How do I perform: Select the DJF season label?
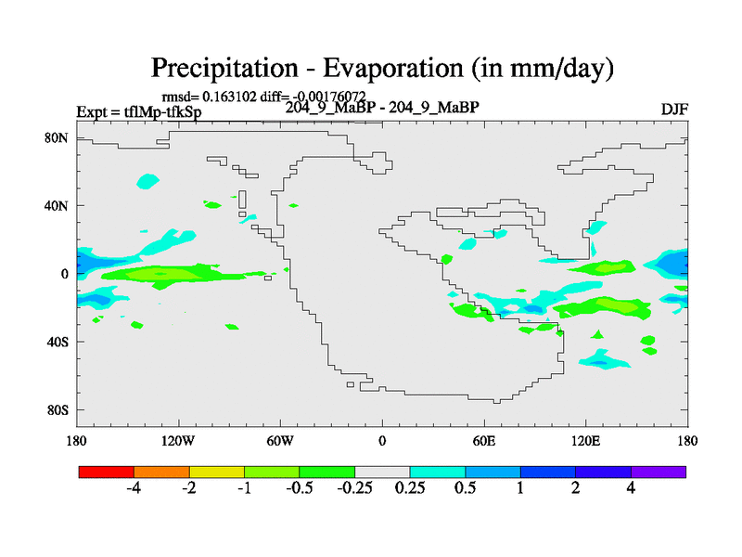[x=674, y=109]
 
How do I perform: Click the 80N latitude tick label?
[x=58, y=137]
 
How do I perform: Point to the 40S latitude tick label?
[x=58, y=342]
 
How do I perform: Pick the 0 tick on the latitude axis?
[x=66, y=274]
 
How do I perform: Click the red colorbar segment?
[x=107, y=472]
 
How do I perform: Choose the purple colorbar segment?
[x=659, y=472]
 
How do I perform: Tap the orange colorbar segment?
[x=161, y=472]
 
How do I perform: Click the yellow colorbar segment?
[x=217, y=472]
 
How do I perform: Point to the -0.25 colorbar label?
[x=354, y=489]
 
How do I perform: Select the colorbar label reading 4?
[x=631, y=489]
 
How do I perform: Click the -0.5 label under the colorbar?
[x=300, y=489]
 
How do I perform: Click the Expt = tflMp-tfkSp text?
[x=139, y=111]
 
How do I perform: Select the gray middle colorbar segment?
[x=382, y=472]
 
